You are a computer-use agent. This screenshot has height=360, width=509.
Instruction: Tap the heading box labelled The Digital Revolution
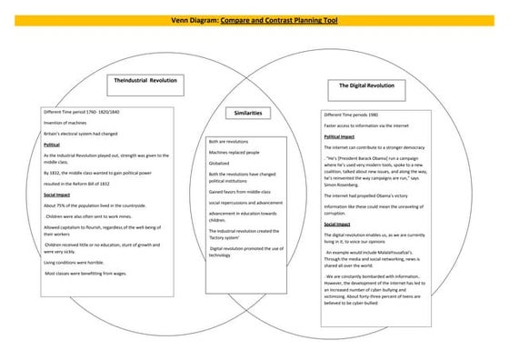point(366,85)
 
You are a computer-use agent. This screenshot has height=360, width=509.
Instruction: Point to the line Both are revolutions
point(228,142)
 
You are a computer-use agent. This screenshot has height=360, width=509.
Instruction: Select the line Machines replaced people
point(234,153)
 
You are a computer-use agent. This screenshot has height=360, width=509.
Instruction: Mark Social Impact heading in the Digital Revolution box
point(337,224)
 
